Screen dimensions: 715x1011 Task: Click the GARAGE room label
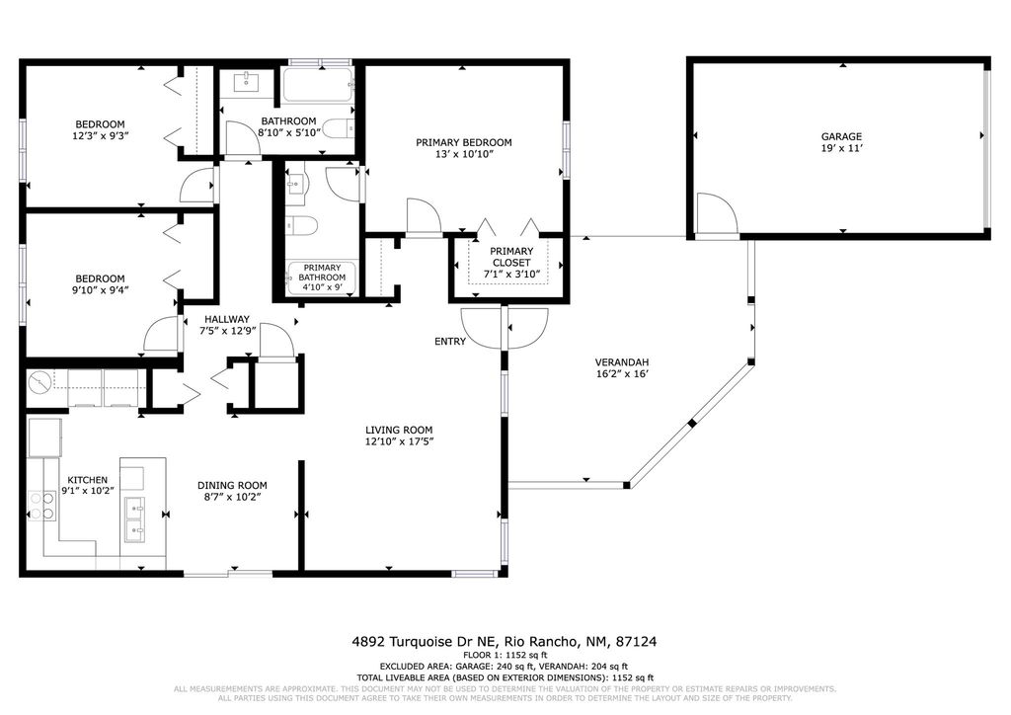tap(841, 136)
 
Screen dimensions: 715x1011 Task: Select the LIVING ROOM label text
tap(399, 430)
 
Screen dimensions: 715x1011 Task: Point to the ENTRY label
tap(450, 342)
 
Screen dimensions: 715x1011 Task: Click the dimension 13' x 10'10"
tap(463, 155)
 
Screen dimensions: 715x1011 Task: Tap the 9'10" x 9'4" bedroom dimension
tap(101, 290)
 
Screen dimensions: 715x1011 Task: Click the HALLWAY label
tap(227, 319)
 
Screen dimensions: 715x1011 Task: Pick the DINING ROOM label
tap(232, 485)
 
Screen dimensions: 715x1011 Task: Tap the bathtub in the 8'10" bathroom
tap(318, 86)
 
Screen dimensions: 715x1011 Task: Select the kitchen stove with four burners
tap(40, 506)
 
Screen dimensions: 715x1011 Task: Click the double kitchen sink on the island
tap(135, 520)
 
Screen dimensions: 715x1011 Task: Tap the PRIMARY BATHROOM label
tap(323, 273)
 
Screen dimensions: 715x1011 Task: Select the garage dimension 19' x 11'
tap(841, 149)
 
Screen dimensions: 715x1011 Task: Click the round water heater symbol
tap(41, 381)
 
